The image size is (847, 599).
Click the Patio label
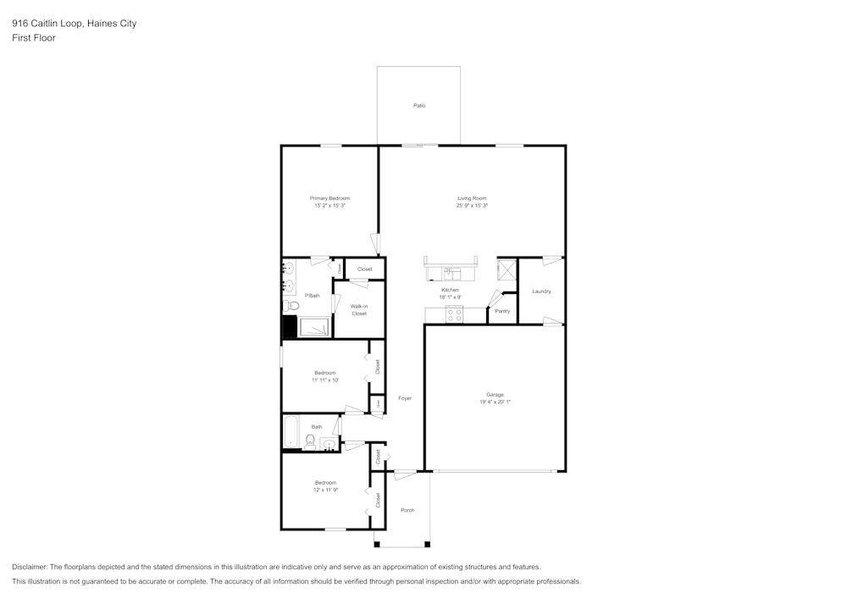pyautogui.click(x=418, y=106)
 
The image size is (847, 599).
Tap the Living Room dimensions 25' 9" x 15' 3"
pyautogui.click(x=472, y=206)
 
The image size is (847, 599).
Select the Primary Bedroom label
pyautogui.click(x=329, y=198)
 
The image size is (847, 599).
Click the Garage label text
pyautogui.click(x=495, y=394)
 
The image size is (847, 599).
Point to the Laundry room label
pyautogui.click(x=541, y=291)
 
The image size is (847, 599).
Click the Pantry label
pyautogui.click(x=502, y=311)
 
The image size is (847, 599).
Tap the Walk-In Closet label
pyautogui.click(x=359, y=310)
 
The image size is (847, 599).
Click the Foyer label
pyautogui.click(x=405, y=397)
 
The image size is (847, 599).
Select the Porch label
pyautogui.click(x=407, y=510)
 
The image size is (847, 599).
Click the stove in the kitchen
pyautogui.click(x=455, y=314)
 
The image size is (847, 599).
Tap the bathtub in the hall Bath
pyautogui.click(x=289, y=430)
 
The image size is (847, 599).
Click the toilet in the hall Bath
pyautogui.click(x=310, y=441)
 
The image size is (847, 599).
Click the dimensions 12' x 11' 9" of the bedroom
pyautogui.click(x=325, y=490)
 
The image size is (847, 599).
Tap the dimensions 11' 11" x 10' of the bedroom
pyautogui.click(x=325, y=380)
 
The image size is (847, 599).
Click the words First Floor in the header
pyautogui.click(x=34, y=38)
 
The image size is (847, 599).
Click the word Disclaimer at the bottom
pyautogui.click(x=30, y=567)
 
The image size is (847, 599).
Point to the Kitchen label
pyautogui.click(x=449, y=290)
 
